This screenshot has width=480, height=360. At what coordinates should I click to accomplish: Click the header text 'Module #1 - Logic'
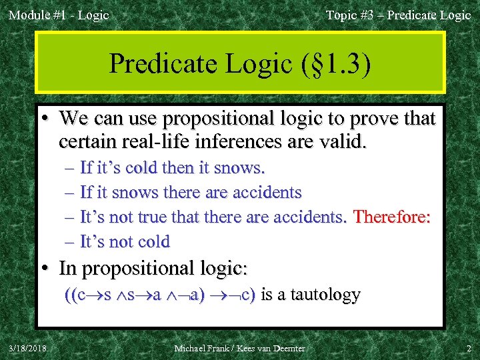pos(59,15)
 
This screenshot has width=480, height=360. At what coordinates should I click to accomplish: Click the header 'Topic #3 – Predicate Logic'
pos(398,15)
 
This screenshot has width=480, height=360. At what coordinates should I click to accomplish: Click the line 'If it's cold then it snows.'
pos(172,168)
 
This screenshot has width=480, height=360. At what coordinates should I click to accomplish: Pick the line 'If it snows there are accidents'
pos(190,193)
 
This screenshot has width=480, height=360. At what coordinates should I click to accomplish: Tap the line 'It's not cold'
pos(125,241)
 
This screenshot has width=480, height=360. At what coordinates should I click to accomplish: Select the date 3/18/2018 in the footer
pos(28,347)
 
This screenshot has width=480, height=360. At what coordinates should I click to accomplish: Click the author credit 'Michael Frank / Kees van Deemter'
pos(239,348)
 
